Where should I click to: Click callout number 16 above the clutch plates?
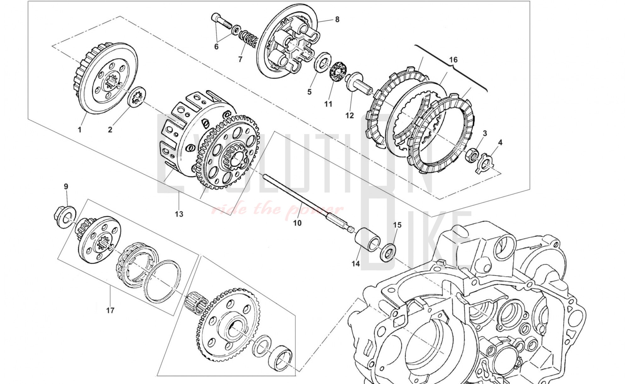click(453, 60)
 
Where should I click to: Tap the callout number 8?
click(337, 20)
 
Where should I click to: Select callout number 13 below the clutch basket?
click(179, 214)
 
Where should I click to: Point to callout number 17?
click(110, 311)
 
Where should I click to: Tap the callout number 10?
click(297, 223)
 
